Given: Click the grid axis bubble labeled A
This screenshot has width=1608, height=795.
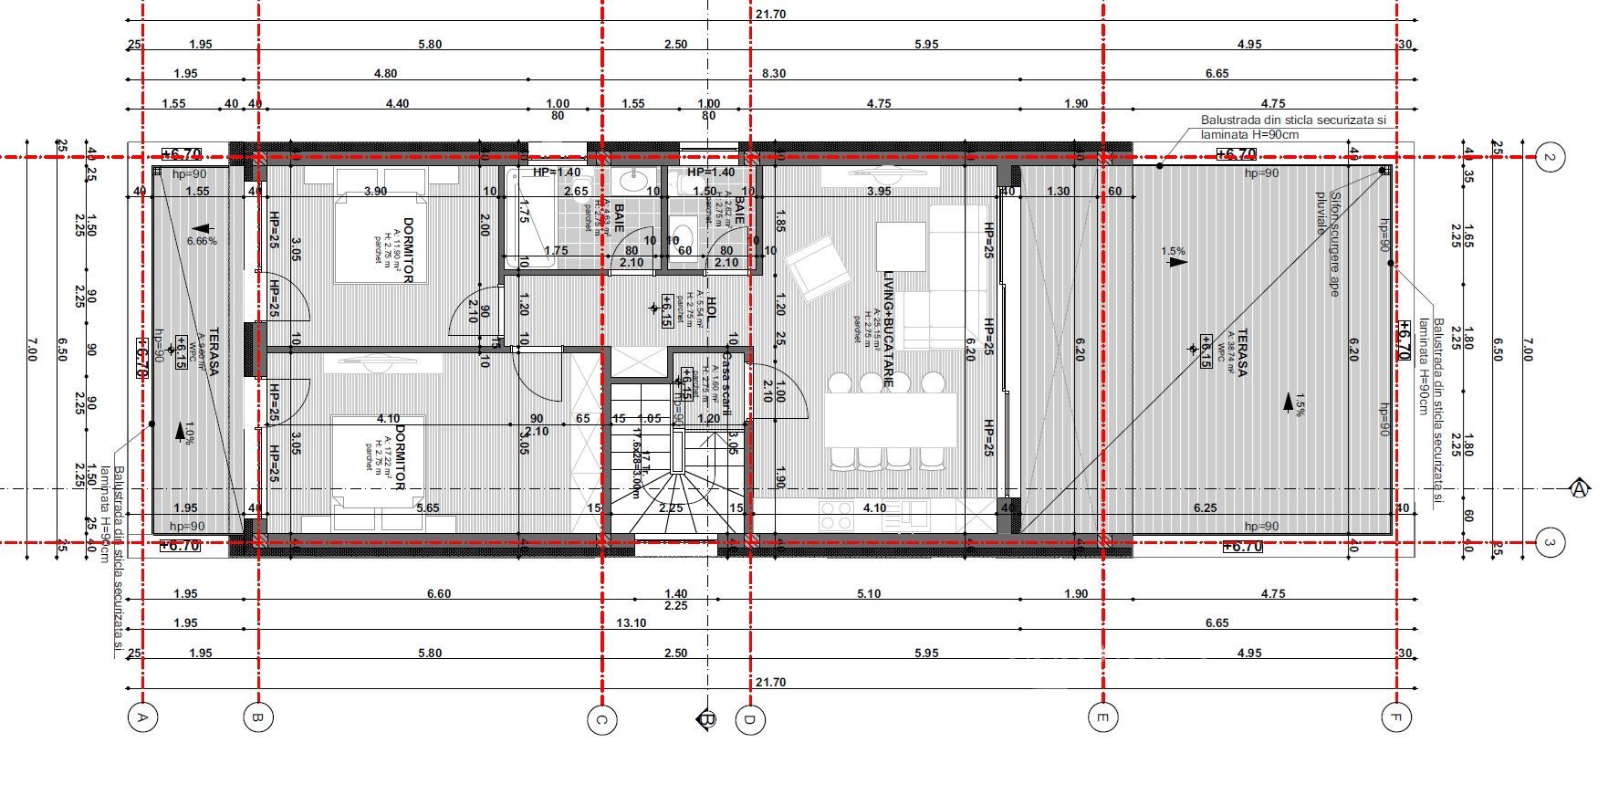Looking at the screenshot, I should pos(142,717).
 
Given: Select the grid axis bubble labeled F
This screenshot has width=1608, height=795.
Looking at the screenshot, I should pos(1394,717).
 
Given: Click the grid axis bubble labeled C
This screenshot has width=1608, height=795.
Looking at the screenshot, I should pos(600,719).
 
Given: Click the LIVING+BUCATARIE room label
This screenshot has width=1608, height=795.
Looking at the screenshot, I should pos(887,329).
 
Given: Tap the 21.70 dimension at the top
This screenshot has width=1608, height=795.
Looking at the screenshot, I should pos(770,15).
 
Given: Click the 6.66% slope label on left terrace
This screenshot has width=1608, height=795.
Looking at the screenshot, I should pos(202,242).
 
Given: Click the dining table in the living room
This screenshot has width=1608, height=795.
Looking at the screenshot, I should pos(890,420).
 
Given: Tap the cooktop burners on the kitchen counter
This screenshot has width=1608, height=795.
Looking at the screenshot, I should pos(836,517).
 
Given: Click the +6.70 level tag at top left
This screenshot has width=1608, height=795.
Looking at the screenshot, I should pos(181,154).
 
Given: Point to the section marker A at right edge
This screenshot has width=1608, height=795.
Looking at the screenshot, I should pos(1580,489).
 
